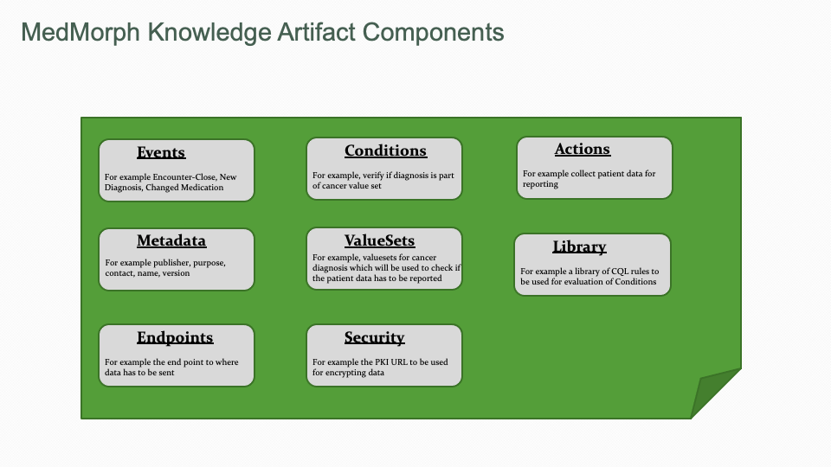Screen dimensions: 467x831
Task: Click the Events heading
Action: (161, 153)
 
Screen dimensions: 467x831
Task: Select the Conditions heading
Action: (385, 151)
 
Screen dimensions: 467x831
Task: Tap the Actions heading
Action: (582, 150)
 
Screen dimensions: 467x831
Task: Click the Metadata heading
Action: (171, 240)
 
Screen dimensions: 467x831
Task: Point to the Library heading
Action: (579, 247)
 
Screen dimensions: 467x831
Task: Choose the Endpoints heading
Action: (175, 337)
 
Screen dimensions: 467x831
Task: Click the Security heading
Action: (374, 337)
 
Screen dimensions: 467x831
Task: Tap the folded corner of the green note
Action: (713, 393)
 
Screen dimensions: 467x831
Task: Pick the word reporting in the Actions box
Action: (540, 184)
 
